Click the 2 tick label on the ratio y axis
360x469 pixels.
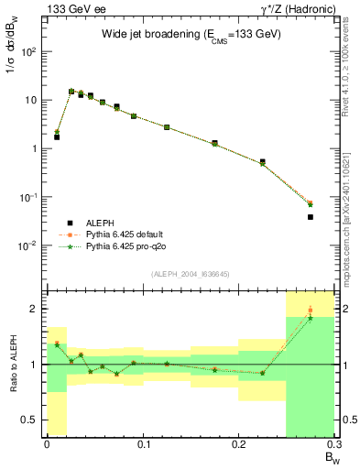coord(35,310)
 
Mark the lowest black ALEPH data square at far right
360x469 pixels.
coord(311,217)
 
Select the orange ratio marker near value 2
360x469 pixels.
coord(311,311)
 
